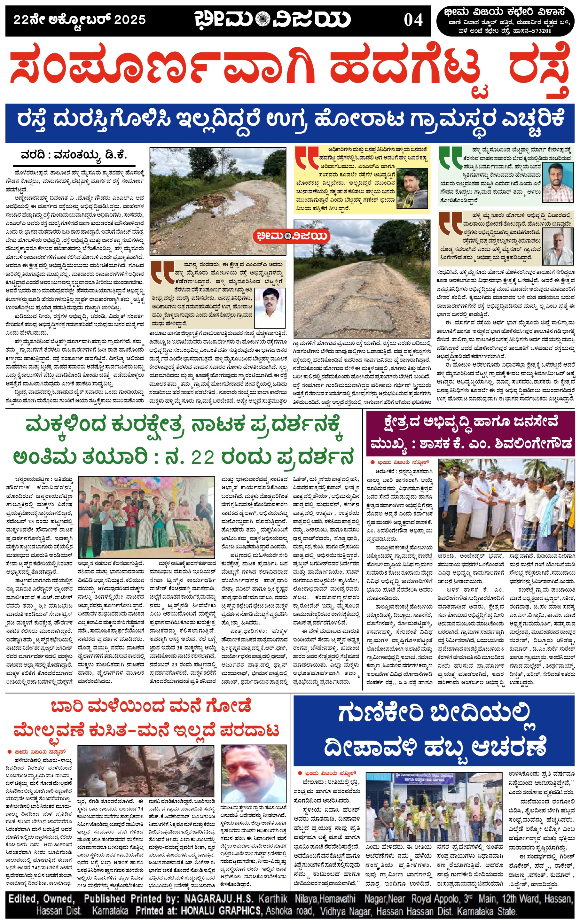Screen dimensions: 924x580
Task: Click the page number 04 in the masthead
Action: click(413, 20)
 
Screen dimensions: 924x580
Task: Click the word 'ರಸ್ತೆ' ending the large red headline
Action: click(540, 69)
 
